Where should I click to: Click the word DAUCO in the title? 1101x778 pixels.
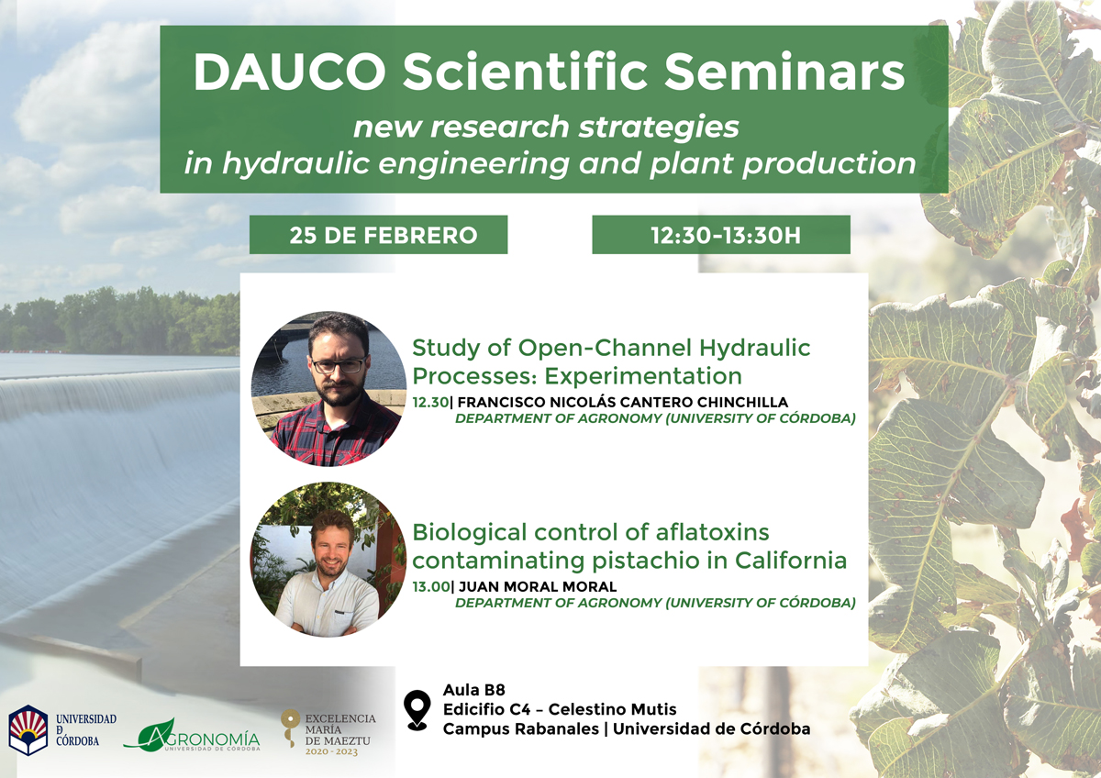tap(290, 72)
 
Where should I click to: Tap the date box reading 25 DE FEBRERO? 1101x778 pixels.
tap(378, 235)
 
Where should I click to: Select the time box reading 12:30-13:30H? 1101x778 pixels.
tap(721, 235)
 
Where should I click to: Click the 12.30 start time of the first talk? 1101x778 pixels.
tap(430, 402)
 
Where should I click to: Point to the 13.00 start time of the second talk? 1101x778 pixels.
tap(431, 586)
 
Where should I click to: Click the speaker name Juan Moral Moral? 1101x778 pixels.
tap(538, 586)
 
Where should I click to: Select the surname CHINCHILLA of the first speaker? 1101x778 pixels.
tap(742, 402)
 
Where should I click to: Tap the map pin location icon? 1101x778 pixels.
tap(417, 710)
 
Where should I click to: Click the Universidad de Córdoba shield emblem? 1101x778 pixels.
tap(28, 730)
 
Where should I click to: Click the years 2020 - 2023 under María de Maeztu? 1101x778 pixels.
tap(331, 752)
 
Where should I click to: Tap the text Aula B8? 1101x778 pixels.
tap(473, 690)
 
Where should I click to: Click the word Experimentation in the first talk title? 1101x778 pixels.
tap(643, 376)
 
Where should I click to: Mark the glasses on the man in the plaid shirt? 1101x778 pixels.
tap(339, 366)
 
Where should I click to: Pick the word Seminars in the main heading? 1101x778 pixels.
tap(784, 72)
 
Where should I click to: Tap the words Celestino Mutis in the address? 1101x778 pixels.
tap(613, 709)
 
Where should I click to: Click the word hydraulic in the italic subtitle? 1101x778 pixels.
tap(296, 162)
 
